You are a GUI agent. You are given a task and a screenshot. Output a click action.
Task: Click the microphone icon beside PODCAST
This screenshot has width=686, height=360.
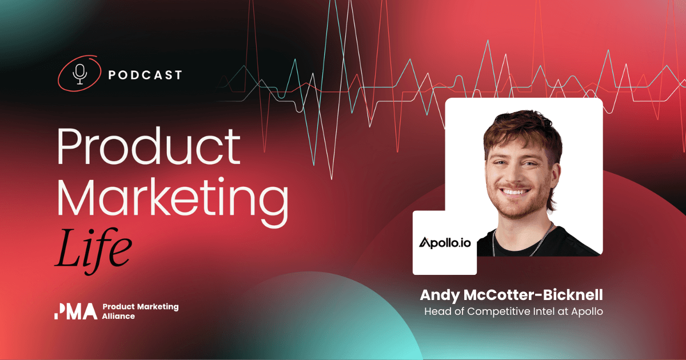tap(81, 74)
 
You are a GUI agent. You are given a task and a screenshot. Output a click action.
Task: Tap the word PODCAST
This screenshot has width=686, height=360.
tap(145, 75)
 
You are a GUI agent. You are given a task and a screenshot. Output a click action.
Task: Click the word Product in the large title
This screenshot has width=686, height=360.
tap(148, 147)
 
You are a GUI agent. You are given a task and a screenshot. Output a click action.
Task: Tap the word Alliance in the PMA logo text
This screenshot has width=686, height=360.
tap(119, 316)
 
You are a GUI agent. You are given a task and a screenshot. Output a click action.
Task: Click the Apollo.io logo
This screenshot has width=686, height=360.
tap(444, 243)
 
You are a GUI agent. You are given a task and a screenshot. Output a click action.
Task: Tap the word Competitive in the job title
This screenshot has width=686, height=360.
tap(494, 312)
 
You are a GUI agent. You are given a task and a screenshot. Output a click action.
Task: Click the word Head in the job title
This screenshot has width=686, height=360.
tap(436, 311)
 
